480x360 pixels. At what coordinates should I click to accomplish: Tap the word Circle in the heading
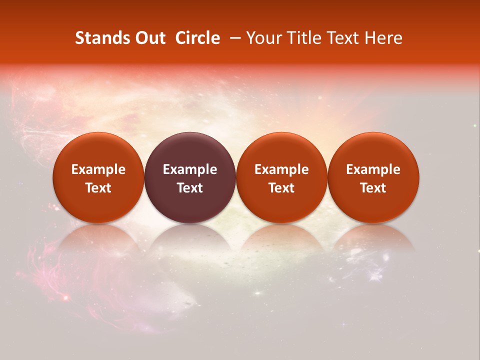[197, 38]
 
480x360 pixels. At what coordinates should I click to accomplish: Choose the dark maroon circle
[190, 177]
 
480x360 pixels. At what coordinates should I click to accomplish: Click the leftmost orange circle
[98, 177]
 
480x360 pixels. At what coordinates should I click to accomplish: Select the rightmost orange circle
[373, 177]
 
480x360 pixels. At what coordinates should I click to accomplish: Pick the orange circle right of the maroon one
[281, 177]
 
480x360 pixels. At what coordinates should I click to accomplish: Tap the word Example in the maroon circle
[190, 169]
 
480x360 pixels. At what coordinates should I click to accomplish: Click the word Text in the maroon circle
[190, 188]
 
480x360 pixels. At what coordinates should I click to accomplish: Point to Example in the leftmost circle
[98, 169]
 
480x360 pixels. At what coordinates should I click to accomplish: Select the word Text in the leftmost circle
[98, 188]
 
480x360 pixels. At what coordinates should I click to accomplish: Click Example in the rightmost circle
[373, 169]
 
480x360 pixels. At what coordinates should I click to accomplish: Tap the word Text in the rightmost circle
[373, 188]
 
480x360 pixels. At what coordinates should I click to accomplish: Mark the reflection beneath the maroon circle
[190, 240]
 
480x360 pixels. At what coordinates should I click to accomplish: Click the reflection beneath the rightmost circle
[373, 240]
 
